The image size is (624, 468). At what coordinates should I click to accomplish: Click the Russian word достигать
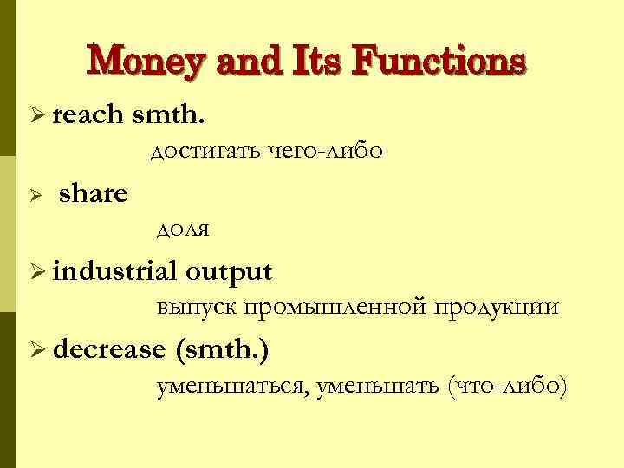coord(205,152)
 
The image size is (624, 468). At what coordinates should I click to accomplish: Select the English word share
coord(93,193)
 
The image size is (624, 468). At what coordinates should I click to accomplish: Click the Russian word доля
coord(183,230)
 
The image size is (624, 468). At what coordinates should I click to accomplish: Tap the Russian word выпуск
coord(197,308)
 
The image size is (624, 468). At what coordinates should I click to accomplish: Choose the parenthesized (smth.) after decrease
coord(222,349)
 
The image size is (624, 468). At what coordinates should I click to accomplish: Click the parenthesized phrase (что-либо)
coord(507,386)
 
